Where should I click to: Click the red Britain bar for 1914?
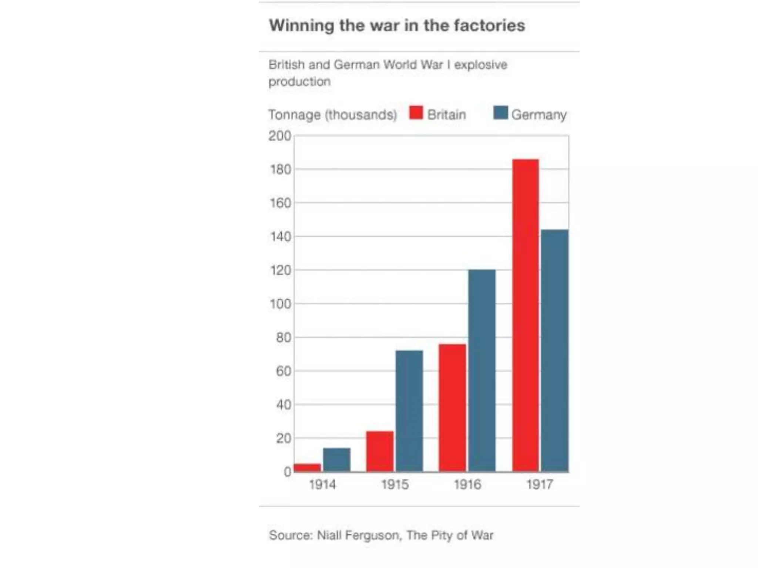(x=307, y=468)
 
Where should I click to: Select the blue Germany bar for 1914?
(x=336, y=460)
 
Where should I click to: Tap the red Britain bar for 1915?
(x=380, y=451)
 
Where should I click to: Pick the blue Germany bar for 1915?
(x=409, y=411)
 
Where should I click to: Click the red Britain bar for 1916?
(x=452, y=408)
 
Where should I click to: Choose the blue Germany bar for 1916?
(x=482, y=371)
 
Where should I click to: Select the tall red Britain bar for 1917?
(x=526, y=315)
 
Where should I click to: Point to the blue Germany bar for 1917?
(x=554, y=351)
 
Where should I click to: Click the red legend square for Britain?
(x=416, y=113)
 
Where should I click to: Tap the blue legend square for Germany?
(x=500, y=113)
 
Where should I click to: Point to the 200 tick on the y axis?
(x=280, y=136)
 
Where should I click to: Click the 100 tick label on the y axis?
(x=280, y=304)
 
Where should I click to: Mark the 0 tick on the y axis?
(x=287, y=472)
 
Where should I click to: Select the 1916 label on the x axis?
(x=467, y=484)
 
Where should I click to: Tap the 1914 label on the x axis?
(x=322, y=484)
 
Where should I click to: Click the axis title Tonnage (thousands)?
(x=332, y=115)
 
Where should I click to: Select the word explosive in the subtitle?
(x=480, y=65)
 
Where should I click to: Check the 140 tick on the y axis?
(x=280, y=237)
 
